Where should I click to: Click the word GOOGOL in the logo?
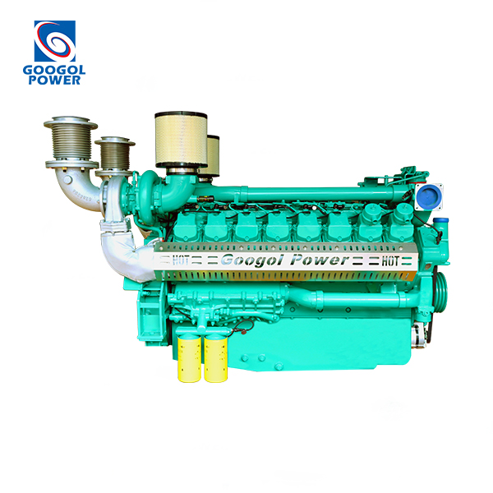(x=54, y=70)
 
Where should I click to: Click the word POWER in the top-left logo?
(x=54, y=80)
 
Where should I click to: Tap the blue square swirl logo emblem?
(x=55, y=41)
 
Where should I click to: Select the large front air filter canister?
(x=181, y=140)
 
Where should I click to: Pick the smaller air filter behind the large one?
(x=213, y=155)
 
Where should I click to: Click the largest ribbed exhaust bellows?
(x=71, y=142)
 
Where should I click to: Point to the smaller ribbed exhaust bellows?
(x=115, y=156)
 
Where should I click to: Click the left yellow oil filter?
(x=189, y=359)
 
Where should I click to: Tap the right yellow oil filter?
(x=215, y=359)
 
